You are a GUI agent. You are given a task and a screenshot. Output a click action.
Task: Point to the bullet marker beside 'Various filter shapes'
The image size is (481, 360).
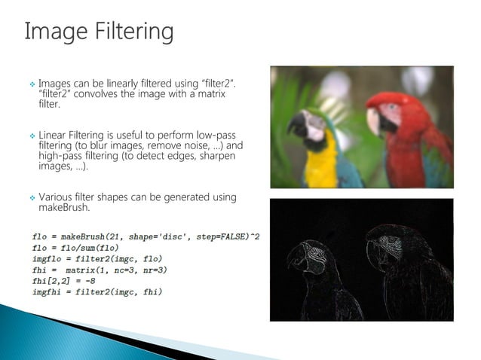tap(32, 197)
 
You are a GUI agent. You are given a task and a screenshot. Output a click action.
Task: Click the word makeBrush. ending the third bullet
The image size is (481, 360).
tap(64, 207)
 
